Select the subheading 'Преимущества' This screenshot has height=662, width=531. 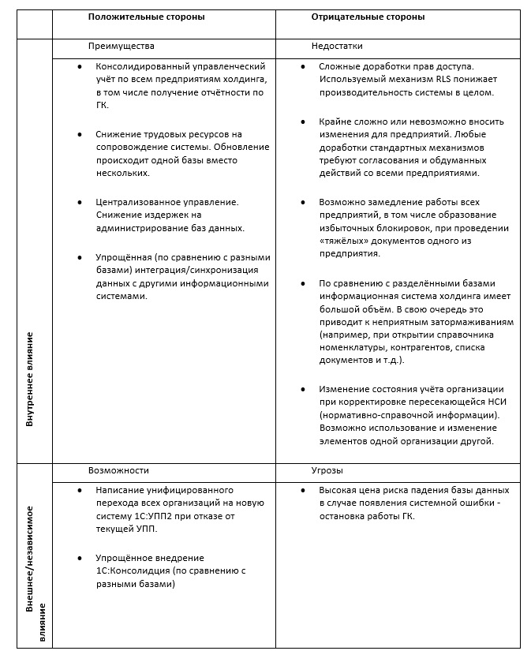tap(122, 47)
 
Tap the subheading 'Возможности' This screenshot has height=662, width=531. tap(118, 470)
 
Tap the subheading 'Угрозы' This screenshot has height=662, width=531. tap(327, 470)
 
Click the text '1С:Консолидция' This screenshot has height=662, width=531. tap(131, 571)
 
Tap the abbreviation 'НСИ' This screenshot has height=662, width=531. tap(490, 402)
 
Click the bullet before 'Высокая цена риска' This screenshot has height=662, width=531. tap(304, 490)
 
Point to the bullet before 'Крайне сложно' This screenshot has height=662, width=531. tap(304, 122)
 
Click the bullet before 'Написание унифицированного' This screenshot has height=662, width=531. tap(80, 490)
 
